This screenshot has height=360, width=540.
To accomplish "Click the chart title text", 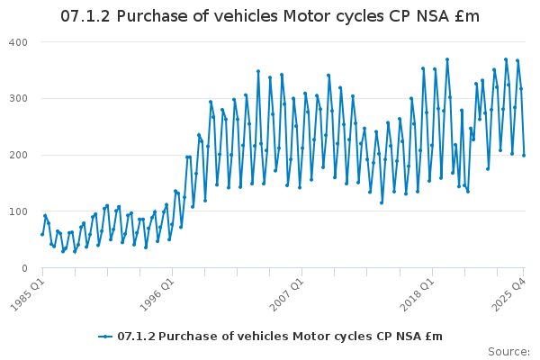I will pos(270,16).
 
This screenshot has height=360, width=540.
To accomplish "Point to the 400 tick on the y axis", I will pos(20,42).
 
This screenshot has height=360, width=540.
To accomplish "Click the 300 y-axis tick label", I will pos(20,99).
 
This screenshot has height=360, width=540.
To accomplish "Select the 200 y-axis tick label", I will pos(20,155).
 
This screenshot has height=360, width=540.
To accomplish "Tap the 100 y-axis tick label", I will pos(20,211).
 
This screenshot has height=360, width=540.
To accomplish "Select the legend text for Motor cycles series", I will pos(280,337).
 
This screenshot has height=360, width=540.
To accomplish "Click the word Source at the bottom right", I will pos(508,351).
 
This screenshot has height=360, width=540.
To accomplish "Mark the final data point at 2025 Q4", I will pos(524,156).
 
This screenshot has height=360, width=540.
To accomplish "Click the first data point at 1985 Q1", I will pos(42,234).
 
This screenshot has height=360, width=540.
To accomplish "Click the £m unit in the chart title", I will pos(467,16).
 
